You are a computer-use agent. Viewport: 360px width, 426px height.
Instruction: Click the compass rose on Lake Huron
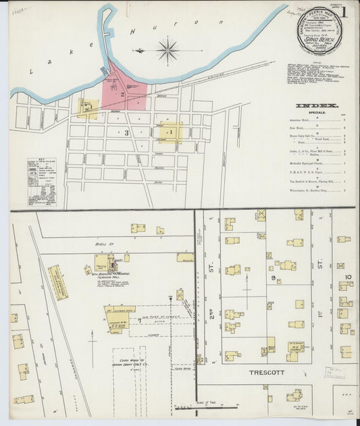167,50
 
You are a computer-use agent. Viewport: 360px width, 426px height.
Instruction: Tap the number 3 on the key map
126,133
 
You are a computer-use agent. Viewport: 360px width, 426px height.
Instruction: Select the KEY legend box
42,182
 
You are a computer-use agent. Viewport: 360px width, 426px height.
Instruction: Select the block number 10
348,277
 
